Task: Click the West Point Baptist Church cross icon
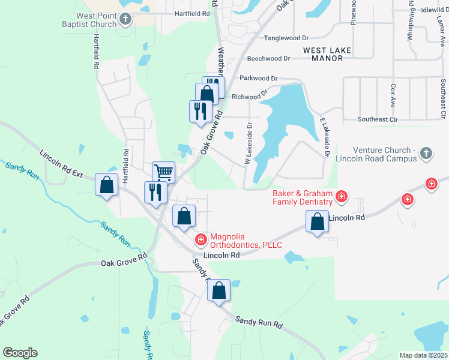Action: click(x=125, y=19)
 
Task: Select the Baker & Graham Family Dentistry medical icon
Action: click(x=342, y=196)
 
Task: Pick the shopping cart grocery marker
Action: click(x=163, y=172)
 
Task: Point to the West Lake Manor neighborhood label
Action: click(x=327, y=55)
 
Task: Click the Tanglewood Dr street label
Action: click(x=291, y=38)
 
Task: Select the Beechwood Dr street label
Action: click(x=268, y=59)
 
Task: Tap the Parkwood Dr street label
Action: click(x=259, y=78)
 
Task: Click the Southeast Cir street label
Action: click(x=378, y=119)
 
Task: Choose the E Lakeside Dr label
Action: click(x=325, y=137)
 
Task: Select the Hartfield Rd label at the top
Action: click(x=192, y=13)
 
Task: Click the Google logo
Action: click(x=20, y=353)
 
